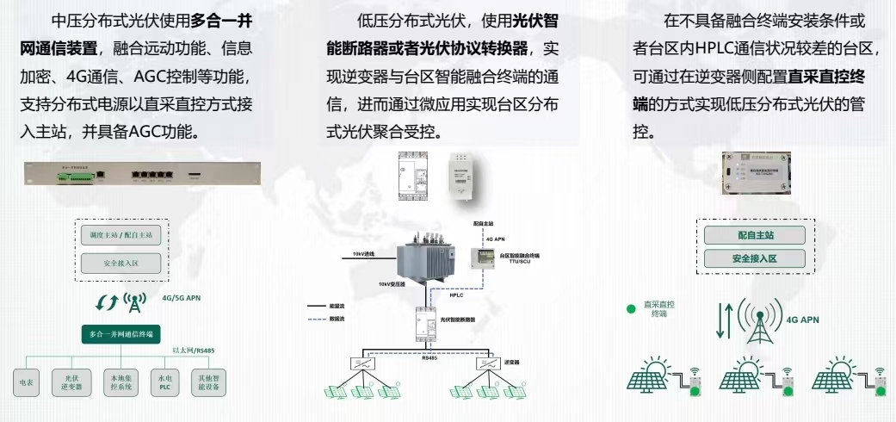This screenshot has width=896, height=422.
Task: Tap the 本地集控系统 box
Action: click(x=118, y=382)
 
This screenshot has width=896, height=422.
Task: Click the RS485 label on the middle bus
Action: click(x=429, y=357)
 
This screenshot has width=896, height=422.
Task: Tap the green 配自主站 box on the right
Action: click(x=754, y=235)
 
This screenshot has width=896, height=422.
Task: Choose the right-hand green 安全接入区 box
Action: click(x=754, y=258)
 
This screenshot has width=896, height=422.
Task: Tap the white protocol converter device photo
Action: click(x=468, y=176)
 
